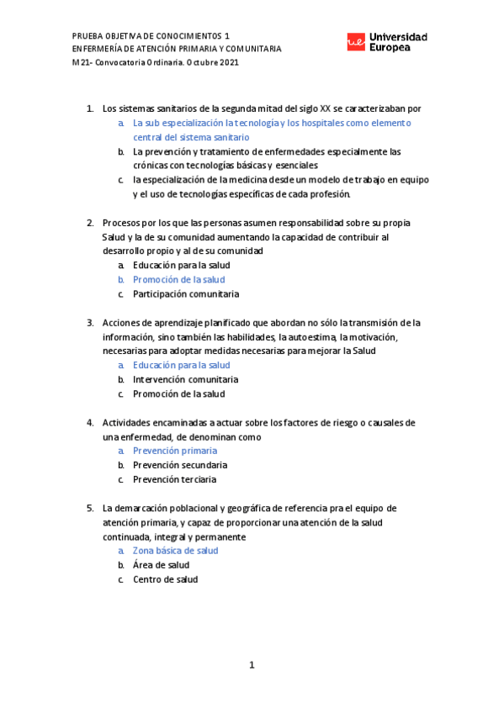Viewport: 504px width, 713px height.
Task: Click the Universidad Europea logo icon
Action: [356, 42]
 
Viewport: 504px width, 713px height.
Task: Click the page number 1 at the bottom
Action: [252, 665]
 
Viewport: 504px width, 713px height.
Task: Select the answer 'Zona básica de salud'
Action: [175, 551]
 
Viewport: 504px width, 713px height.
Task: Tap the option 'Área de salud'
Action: [161, 565]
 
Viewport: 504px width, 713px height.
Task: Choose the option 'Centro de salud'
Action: [166, 579]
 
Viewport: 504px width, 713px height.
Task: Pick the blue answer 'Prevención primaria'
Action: [174, 451]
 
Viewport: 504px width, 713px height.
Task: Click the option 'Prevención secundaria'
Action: [180, 465]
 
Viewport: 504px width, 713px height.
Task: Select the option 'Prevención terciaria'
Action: [174, 479]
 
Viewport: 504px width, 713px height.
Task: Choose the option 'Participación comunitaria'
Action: [186, 293]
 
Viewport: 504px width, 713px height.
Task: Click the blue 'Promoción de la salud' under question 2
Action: [178, 279]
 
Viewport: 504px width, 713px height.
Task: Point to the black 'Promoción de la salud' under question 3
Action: [178, 393]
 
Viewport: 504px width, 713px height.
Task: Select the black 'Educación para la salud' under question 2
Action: [181, 265]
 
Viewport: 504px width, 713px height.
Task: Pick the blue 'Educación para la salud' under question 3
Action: [181, 365]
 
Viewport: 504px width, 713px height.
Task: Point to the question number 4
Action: [90, 422]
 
